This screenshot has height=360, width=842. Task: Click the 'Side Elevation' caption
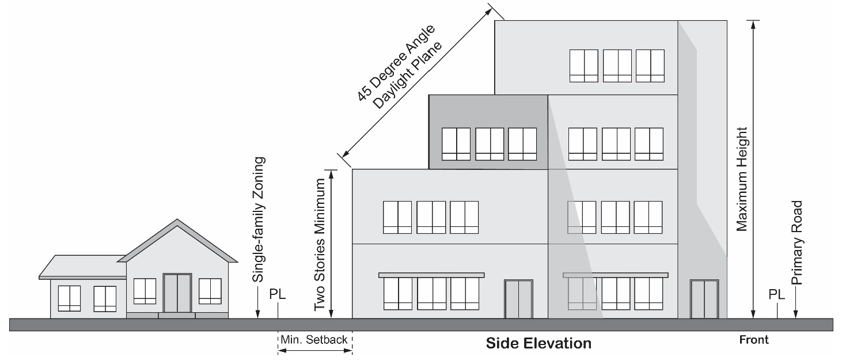538,343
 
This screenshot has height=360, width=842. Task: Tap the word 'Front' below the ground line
754,340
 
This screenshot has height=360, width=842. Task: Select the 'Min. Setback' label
314,339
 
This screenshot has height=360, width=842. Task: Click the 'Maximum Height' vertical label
742,179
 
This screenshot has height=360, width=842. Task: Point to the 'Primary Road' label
797,242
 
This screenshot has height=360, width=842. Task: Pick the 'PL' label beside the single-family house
278,294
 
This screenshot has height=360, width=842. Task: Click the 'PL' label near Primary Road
777,294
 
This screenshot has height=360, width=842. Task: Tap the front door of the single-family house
177,293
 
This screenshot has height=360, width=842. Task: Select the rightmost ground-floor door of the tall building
704,299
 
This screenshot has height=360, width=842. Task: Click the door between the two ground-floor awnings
518,299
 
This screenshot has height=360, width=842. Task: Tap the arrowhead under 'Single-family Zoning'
257,314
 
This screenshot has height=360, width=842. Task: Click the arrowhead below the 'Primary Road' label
795,314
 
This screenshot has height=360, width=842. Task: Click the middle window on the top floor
617,66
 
